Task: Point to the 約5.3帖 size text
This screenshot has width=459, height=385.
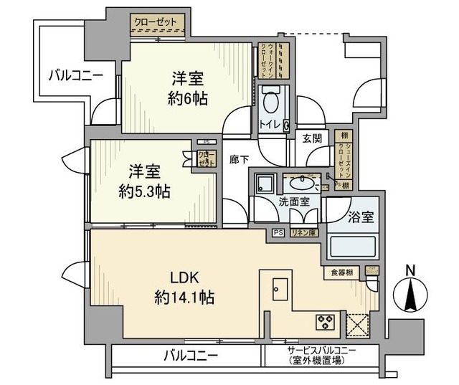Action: pos(144,191)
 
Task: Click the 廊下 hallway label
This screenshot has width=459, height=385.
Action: pos(239,161)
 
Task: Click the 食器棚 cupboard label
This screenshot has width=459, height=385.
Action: pos(341,272)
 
